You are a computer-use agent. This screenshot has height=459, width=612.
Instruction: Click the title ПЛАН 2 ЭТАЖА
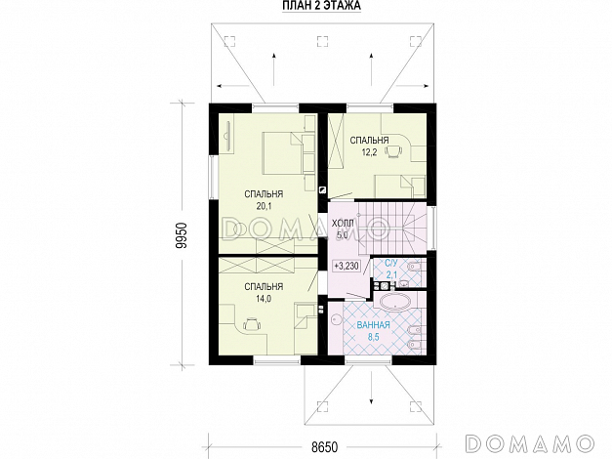pos(321,6)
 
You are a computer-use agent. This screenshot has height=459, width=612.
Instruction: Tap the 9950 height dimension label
pos(183,235)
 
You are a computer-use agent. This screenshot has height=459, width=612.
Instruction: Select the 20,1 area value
pos(264,206)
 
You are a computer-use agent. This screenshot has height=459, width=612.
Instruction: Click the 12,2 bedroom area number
pos(369,152)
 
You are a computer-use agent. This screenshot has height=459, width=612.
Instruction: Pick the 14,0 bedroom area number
pos(264,299)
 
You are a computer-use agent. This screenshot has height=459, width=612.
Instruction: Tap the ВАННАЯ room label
pos(374,324)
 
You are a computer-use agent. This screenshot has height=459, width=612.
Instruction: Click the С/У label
pos(391,263)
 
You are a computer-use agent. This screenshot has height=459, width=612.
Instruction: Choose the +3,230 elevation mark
pos(347,266)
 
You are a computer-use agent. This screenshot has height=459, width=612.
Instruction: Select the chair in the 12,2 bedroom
pos(393,150)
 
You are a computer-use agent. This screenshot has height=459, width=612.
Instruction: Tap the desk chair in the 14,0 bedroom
pos(252,324)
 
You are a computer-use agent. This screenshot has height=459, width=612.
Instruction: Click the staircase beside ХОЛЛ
pos(390,227)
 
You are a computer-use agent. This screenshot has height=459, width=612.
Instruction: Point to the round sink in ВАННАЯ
pos(336,320)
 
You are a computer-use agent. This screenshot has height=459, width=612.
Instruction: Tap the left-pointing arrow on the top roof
pos(233,86)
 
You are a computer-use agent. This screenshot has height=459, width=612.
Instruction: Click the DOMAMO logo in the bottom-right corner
pos(530,444)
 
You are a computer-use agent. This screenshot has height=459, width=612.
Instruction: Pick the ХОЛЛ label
pos(343,223)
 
